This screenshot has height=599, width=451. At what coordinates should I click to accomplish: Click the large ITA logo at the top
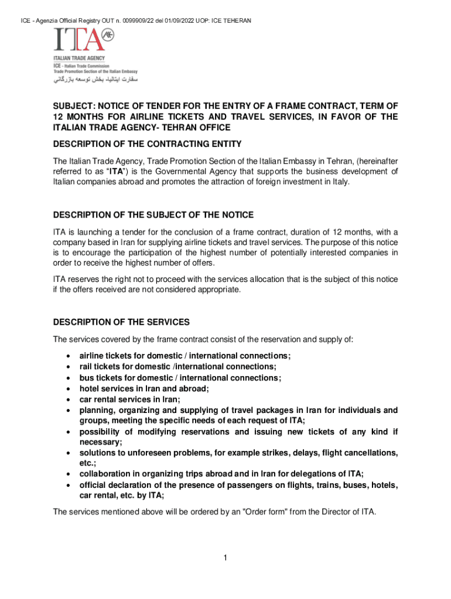(84, 40)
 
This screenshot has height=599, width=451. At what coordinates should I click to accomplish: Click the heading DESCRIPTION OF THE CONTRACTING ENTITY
(148, 144)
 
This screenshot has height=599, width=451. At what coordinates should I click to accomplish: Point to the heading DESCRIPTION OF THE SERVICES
(121, 322)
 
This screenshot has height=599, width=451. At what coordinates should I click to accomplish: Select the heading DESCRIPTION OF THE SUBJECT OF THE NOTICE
(153, 215)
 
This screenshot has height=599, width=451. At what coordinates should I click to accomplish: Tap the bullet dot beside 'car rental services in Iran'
(70, 400)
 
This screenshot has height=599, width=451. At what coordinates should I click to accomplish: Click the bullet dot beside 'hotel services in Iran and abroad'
(70, 389)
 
